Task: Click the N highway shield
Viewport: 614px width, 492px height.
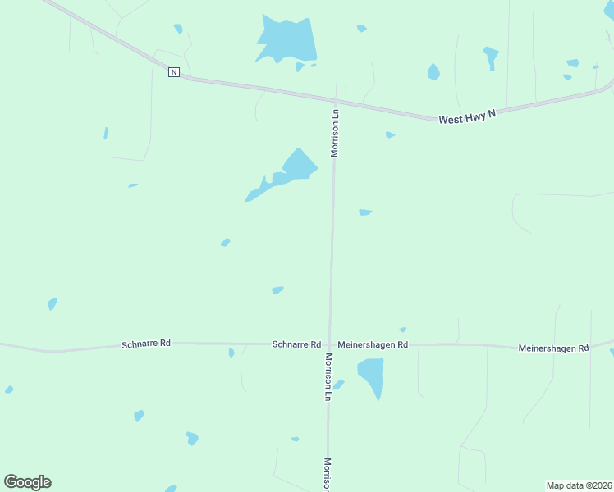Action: pyautogui.click(x=173, y=72)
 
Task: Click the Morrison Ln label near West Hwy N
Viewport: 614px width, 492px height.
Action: pyautogui.click(x=335, y=132)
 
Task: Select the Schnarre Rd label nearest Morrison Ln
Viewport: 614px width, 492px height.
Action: pyautogui.click(x=296, y=345)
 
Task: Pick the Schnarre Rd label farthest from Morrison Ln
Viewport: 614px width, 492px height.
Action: pyautogui.click(x=145, y=344)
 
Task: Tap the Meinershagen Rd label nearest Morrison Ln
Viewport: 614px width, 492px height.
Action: pyautogui.click(x=373, y=345)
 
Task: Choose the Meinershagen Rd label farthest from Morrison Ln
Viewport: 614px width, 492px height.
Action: pyautogui.click(x=553, y=348)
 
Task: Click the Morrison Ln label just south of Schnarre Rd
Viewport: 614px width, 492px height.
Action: pyautogui.click(x=328, y=376)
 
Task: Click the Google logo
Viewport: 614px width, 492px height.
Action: pyautogui.click(x=27, y=482)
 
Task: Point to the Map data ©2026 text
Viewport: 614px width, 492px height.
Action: pyautogui.click(x=579, y=485)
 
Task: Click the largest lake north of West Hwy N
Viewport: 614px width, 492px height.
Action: pyautogui.click(x=286, y=40)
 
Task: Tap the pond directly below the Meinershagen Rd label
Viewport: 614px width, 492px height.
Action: pyautogui.click(x=372, y=375)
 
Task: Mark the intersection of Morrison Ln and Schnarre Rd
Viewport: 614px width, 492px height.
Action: pyautogui.click(x=329, y=344)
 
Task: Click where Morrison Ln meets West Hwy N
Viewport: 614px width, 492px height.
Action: pyautogui.click(x=335, y=100)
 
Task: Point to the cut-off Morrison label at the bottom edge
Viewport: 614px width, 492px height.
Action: pyautogui.click(x=328, y=475)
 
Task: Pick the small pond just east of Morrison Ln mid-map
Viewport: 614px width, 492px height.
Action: pyautogui.click(x=365, y=212)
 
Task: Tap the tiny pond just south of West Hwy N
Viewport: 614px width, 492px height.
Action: pyautogui.click(x=390, y=134)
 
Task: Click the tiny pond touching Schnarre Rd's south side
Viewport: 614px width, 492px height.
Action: pyautogui.click(x=231, y=353)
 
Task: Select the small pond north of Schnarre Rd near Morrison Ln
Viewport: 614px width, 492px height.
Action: pyautogui.click(x=277, y=289)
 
